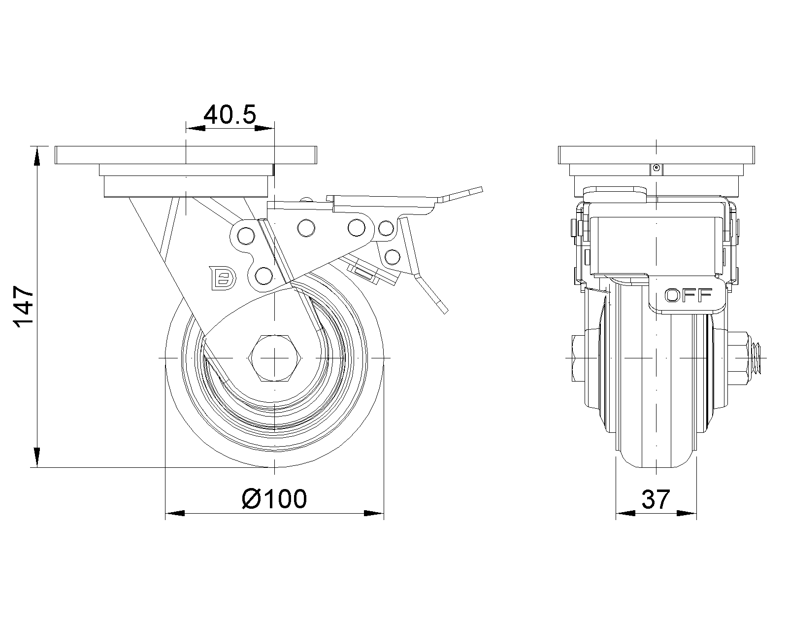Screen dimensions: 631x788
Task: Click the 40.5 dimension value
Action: [x=230, y=115]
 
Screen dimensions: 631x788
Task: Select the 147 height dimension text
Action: [x=24, y=307]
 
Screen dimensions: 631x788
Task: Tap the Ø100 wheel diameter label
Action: [x=274, y=499]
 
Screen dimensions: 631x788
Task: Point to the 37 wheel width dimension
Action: [x=656, y=499]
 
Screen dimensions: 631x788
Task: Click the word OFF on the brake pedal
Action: [x=688, y=295]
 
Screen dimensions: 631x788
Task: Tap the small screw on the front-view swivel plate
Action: [x=656, y=169]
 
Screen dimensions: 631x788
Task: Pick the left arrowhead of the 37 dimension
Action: [x=624, y=513]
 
